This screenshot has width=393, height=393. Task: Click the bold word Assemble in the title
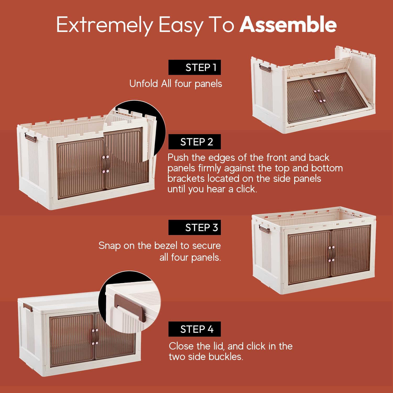(x=288, y=24)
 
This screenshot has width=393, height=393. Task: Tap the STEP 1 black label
(x=195, y=67)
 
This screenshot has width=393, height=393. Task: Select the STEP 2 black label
(x=195, y=142)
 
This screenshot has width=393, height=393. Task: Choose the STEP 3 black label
(x=195, y=227)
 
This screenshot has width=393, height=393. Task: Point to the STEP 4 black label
(x=195, y=329)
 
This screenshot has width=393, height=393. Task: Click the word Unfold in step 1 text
(x=144, y=84)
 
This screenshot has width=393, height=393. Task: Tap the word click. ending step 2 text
(x=247, y=189)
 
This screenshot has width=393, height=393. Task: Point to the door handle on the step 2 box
(x=105, y=164)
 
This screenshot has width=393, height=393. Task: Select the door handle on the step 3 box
(x=331, y=254)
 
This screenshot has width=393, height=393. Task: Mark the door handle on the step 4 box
(x=95, y=337)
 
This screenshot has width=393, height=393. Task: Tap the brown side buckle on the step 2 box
(x=30, y=137)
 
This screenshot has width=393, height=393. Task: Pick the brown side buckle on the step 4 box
(x=28, y=307)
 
